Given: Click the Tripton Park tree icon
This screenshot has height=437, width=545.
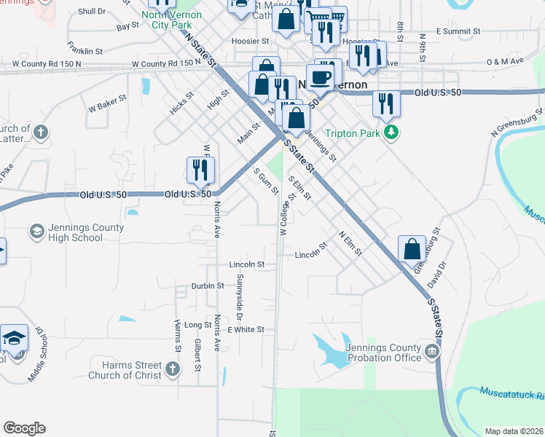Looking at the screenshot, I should pos(393,132).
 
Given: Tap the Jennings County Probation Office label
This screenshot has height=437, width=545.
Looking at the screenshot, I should pos(384,353).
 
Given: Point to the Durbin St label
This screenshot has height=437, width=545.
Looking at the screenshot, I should pos(208,286).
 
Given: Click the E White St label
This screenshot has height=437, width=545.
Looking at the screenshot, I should pos(246,329).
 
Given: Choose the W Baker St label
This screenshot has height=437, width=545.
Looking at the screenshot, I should pos(107,104).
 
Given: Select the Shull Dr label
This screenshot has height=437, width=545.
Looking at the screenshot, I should pos(91,12).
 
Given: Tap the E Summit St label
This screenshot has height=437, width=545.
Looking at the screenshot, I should pos(456,31).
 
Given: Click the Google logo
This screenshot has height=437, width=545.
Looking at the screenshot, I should pos(24,428).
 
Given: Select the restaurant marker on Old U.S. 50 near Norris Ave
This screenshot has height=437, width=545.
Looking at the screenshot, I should pos(199,170).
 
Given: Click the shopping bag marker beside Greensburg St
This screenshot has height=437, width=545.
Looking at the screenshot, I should pos(412,248).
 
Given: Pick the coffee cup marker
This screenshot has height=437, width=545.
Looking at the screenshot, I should pos(320,76).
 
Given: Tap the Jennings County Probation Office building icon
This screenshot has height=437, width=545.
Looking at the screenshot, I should pos(433,353).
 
